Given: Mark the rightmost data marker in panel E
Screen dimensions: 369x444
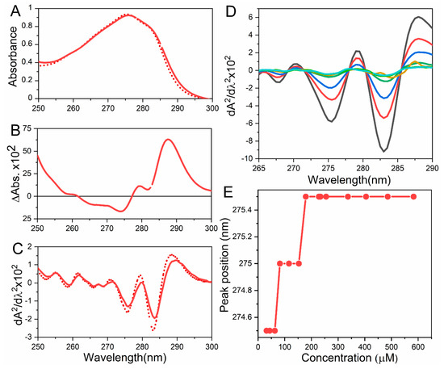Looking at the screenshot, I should tap(414, 196).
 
